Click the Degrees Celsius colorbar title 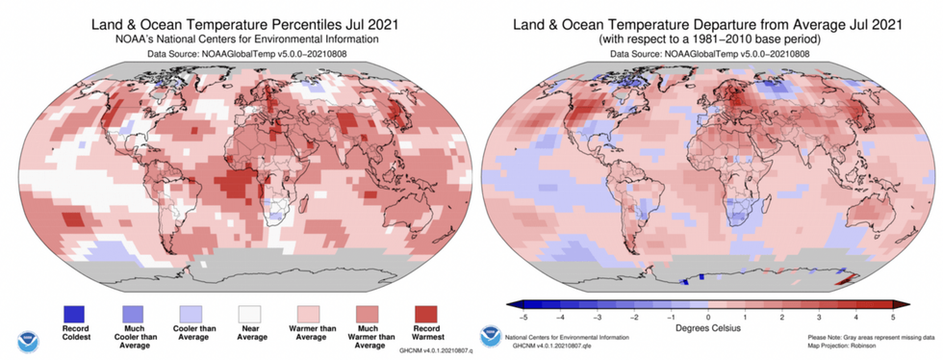point(707,327)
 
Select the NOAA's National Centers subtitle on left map point(236,39)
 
